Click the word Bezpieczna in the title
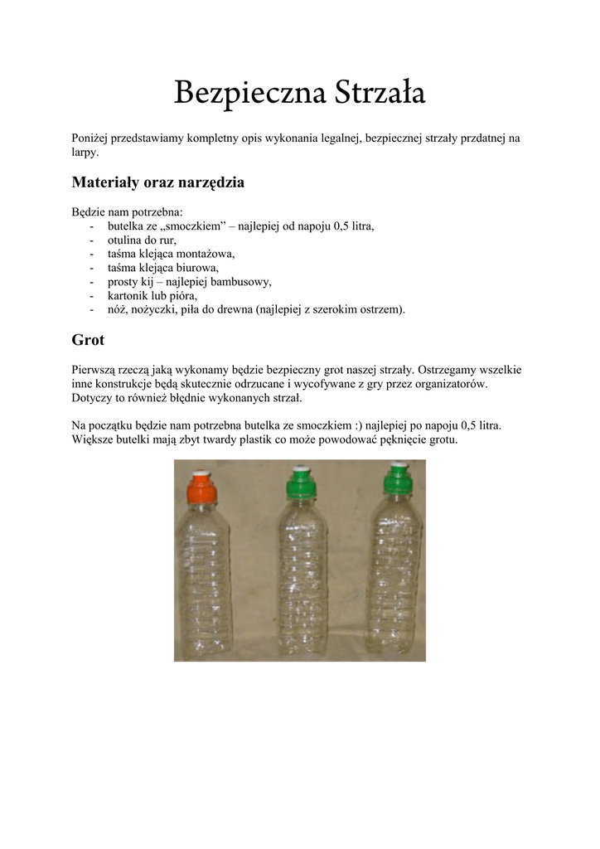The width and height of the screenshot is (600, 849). (249, 95)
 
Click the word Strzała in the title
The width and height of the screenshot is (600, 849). (380, 95)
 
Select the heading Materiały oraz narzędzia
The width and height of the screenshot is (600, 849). (157, 182)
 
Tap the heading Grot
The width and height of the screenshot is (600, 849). (88, 340)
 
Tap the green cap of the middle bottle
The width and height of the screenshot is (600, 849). (300, 483)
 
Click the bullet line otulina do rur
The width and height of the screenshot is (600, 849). (142, 240)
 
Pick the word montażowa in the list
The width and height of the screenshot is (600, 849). (207, 254)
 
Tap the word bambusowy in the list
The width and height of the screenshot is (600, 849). (240, 282)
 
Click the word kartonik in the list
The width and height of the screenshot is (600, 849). (128, 295)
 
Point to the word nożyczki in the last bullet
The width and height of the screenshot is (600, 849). (157, 309)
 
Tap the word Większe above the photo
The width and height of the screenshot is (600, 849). (94, 439)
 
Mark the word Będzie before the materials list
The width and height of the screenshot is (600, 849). (90, 212)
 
